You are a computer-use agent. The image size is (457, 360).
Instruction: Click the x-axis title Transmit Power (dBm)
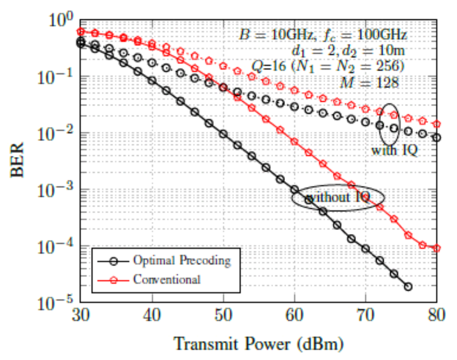click(x=258, y=344)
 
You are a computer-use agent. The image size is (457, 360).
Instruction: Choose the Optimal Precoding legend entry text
click(x=182, y=260)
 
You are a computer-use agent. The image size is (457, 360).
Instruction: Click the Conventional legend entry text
click(x=167, y=280)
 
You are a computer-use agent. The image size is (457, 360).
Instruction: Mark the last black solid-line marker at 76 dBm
click(x=408, y=287)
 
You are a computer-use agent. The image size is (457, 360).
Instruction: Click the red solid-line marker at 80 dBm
click(x=437, y=248)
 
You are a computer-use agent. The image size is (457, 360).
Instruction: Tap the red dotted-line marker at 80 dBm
click(x=437, y=124)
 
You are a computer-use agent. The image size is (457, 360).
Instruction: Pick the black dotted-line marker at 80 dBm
click(x=437, y=138)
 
